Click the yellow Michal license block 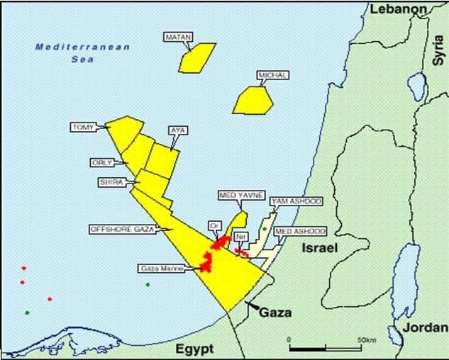click(x=253, y=100)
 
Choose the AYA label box click(x=177, y=130)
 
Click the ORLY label click(x=102, y=162)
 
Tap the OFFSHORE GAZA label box click(x=121, y=229)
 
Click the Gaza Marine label click(x=162, y=269)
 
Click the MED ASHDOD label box click(x=299, y=231)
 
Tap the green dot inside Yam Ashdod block click(x=264, y=229)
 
